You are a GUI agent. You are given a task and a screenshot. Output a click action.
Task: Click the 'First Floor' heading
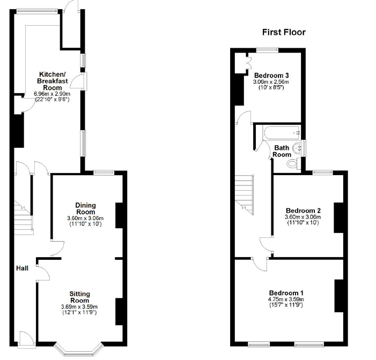284,32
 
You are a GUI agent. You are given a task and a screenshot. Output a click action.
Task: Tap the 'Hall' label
23,268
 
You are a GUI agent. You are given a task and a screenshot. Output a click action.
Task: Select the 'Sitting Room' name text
79,297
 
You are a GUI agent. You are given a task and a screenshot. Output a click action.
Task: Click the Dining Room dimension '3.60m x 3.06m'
85,219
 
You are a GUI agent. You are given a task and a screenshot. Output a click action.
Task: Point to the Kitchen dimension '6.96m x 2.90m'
52,94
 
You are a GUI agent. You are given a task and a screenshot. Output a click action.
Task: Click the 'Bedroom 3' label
271,76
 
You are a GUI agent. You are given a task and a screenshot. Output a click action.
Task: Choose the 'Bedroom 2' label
303,211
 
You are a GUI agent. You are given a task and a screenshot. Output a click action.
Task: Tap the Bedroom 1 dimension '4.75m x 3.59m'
286,299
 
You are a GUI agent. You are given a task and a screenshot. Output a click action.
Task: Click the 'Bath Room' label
282,151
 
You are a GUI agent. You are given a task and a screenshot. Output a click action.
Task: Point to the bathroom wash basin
297,148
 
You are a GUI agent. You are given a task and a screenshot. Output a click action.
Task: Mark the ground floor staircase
24,217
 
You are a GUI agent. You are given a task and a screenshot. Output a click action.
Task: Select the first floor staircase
244,194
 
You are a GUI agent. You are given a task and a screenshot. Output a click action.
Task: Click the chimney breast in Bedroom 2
338,217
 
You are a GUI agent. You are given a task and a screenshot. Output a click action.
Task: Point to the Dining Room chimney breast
120,215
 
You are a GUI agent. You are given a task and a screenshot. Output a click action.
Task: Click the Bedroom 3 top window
267,50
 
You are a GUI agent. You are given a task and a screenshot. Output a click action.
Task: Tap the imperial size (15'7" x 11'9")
286,305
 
